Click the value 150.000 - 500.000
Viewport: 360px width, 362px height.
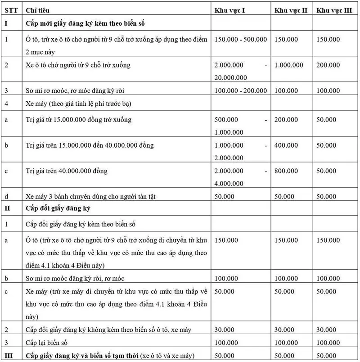point(241,40)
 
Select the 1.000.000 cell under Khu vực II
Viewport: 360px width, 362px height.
point(289,65)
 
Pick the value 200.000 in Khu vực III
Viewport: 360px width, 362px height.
point(328,65)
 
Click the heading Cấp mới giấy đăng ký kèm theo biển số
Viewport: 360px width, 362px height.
point(85,22)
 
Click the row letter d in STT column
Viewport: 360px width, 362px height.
point(6,197)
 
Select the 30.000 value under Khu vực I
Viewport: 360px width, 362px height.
point(225,330)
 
